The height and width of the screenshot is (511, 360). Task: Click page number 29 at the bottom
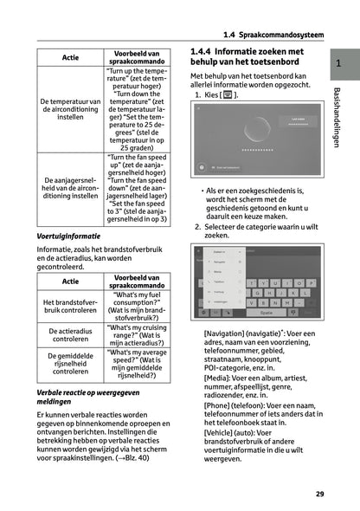[319, 494]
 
